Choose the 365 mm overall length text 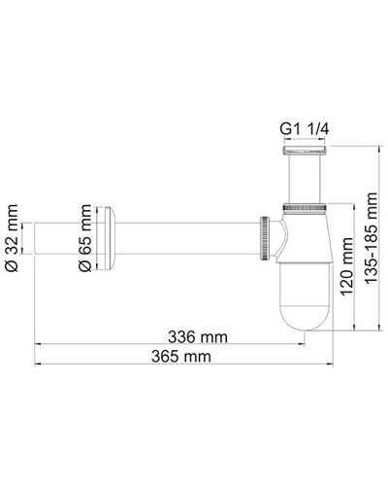(181, 357)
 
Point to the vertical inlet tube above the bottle (303, 180)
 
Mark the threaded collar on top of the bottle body (303, 208)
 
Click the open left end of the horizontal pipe (38, 236)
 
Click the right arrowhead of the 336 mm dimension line (301, 346)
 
